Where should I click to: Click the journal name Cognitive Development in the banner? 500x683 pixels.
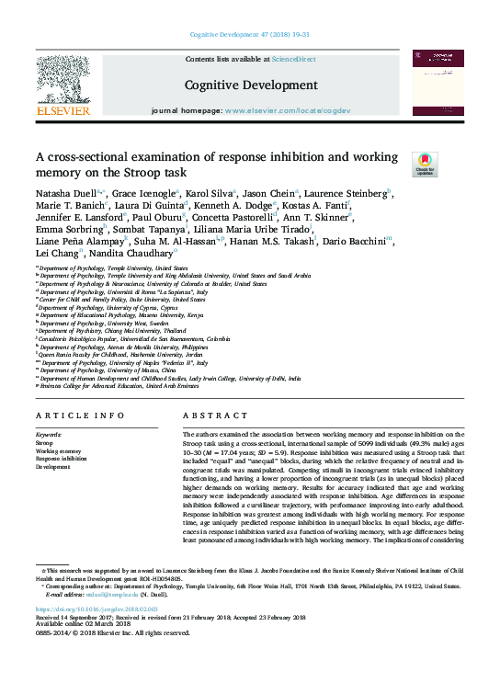point(238,85)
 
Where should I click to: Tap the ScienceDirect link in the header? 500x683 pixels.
point(295,60)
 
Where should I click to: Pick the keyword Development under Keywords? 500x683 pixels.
point(52,467)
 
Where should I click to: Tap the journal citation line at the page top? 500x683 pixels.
point(249,34)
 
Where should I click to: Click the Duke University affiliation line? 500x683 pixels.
point(126,300)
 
